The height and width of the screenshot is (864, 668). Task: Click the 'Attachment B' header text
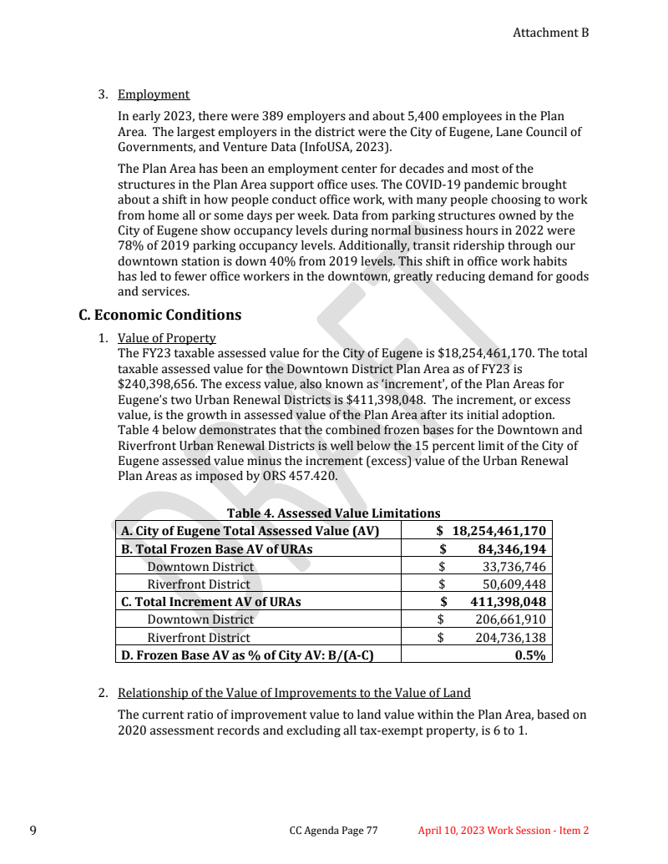550,33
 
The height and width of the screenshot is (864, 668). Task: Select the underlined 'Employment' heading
154,94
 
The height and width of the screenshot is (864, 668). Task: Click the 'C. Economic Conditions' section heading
159,315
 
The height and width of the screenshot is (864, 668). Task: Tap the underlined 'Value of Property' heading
166,338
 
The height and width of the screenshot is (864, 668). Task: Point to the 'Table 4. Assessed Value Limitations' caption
333,513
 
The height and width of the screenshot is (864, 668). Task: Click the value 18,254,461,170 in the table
498,531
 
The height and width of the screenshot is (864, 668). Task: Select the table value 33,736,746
514,567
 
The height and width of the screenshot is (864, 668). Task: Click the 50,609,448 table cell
514,584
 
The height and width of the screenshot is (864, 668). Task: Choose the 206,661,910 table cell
510,619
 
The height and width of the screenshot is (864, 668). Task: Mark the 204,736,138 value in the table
510,638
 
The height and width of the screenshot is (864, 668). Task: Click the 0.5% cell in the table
530,655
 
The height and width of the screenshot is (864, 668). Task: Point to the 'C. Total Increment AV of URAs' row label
211,602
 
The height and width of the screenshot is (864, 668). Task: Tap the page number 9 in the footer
33,831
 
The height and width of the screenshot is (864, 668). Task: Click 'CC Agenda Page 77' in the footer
333,831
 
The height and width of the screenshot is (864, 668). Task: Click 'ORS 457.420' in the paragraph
301,476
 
